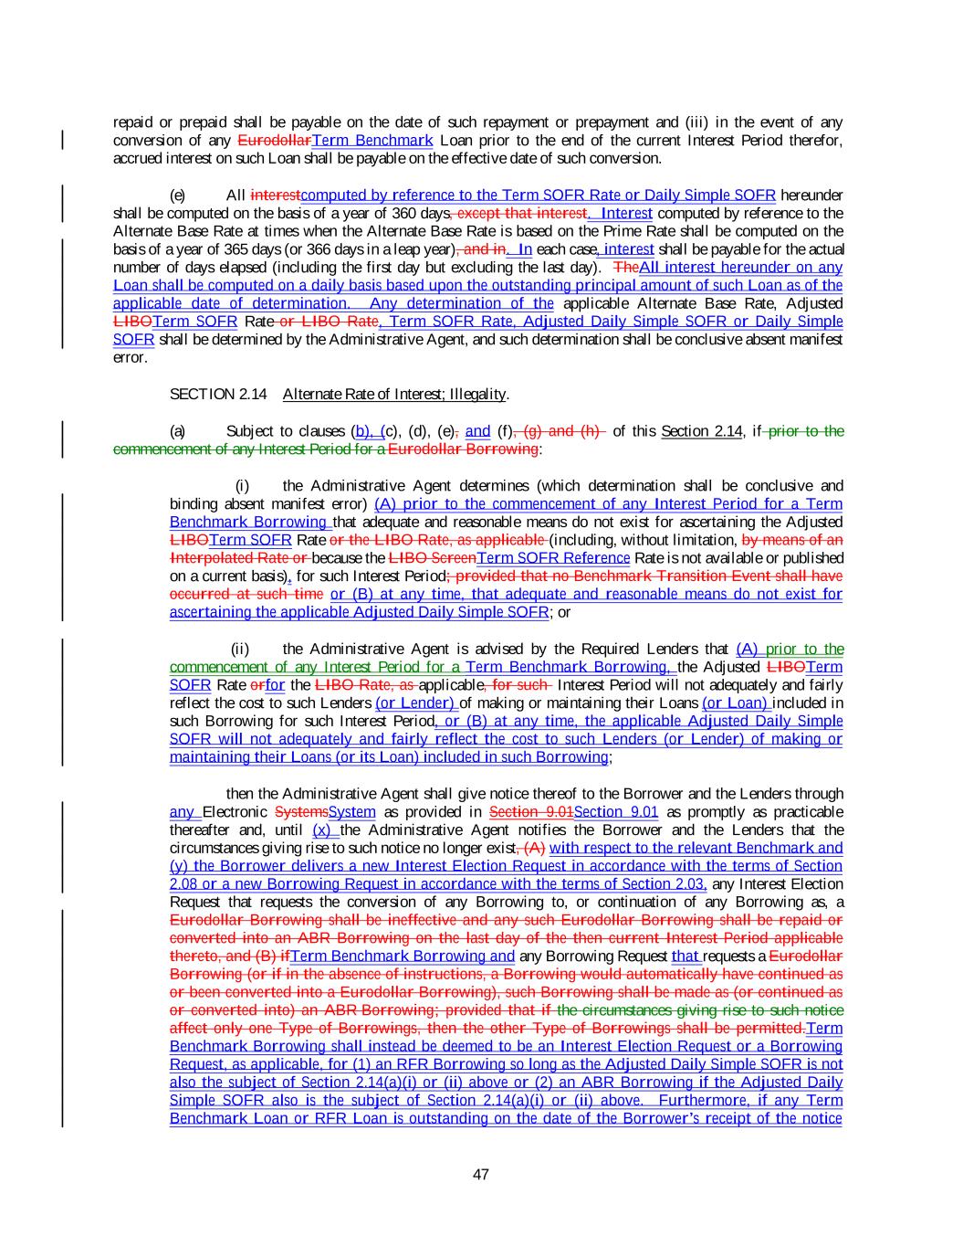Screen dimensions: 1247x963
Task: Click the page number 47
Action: [481, 1174]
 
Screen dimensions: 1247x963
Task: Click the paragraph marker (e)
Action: [178, 196]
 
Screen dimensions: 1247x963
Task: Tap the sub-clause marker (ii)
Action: [240, 650]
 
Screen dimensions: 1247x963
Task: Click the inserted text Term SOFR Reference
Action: [553, 558]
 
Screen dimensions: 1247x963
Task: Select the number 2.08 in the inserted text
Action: [184, 884]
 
